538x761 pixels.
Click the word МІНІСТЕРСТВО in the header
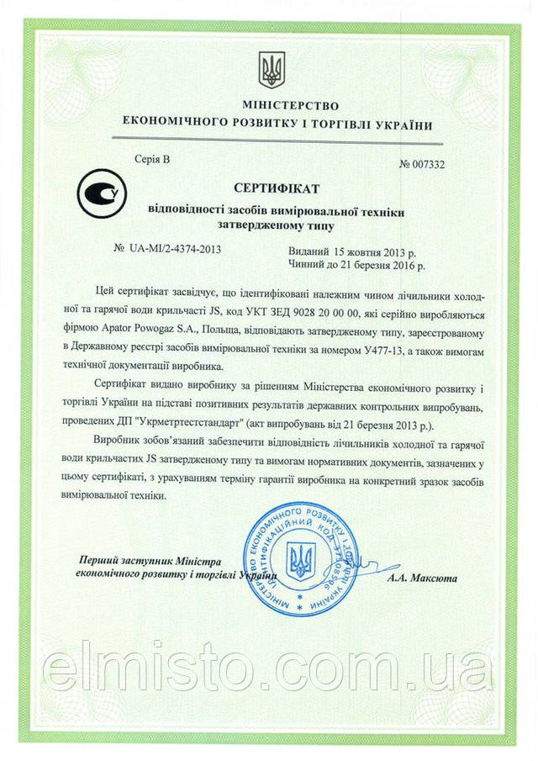click(x=278, y=107)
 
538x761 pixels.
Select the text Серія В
click(x=151, y=158)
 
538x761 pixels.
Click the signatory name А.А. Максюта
click(x=423, y=579)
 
